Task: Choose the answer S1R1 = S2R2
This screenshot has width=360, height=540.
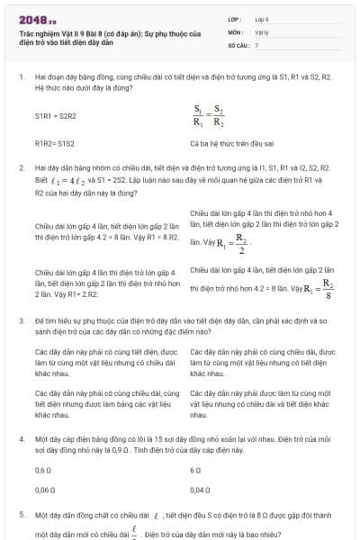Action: [56, 116]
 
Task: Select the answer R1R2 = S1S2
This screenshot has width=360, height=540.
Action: [54, 142]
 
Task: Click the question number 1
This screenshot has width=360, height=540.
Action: [21, 78]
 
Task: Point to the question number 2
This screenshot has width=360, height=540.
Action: [21, 168]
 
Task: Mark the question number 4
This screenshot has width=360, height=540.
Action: [21, 438]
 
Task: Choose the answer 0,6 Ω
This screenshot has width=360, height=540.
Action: [43, 470]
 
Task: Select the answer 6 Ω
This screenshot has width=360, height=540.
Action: [195, 470]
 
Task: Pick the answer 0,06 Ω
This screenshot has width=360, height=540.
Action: [45, 490]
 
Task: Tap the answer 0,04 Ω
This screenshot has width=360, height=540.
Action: [200, 490]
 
